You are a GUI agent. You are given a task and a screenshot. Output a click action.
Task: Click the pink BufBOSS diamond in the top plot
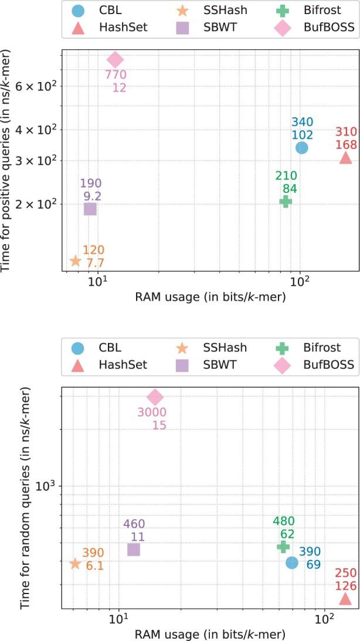[115, 59]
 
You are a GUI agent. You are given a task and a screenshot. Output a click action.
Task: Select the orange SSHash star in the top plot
[75, 260]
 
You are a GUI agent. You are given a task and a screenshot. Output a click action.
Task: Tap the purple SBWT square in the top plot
[90, 208]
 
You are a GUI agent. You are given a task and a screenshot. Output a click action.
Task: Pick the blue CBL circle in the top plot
[301, 147]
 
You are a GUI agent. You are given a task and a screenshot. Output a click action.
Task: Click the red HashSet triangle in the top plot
[345, 158]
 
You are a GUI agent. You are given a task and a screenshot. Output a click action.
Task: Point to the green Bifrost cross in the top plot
[286, 201]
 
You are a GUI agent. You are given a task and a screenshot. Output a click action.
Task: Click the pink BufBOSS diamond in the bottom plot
[155, 413]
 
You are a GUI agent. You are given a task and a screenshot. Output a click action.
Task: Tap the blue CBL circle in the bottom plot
[292, 562]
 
